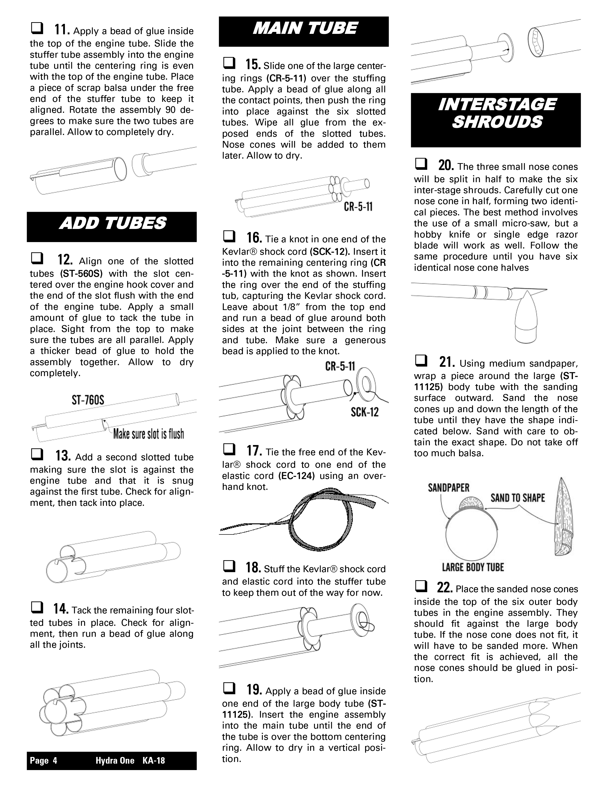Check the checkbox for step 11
point(37,28)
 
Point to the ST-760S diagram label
point(88,400)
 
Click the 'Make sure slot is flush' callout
point(148,434)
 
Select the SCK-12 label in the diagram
point(365,412)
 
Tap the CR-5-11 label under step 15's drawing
point(358,207)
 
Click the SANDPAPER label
point(448,488)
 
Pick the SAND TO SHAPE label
point(518,498)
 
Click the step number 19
point(254,690)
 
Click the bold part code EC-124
point(296,476)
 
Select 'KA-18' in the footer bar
point(154,761)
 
